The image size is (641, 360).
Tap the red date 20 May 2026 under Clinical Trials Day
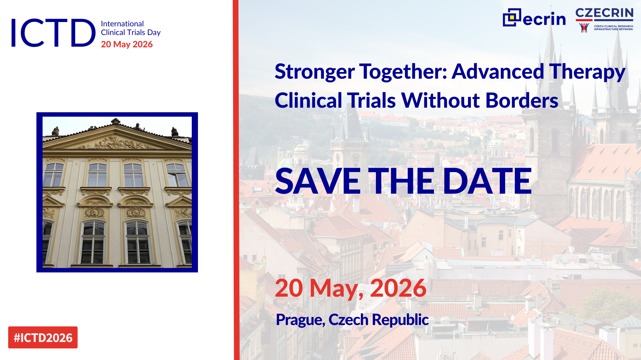tap(127, 44)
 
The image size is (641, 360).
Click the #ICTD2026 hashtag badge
tap(43, 337)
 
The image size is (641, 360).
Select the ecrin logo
tap(534, 18)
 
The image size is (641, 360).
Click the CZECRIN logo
tap(604, 20)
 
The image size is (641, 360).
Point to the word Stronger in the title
tap(315, 72)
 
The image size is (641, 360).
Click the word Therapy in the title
tap(587, 72)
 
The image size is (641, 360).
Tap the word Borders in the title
tap(522, 100)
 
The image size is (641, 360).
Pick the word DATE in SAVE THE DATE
tap(487, 181)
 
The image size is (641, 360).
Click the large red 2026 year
tap(398, 288)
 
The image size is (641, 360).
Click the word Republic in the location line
tap(400, 320)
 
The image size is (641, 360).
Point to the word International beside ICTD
tap(122, 24)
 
